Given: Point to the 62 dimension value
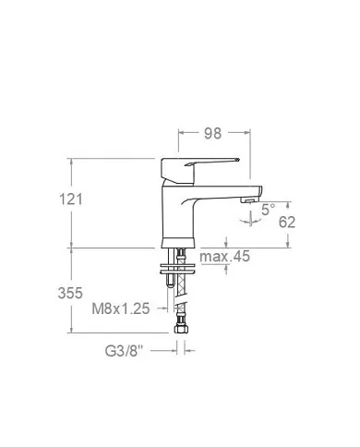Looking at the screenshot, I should [287, 222].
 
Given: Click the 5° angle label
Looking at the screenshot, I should [267, 209].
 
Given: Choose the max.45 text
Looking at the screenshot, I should [225, 257].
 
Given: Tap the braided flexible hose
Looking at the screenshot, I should [180, 300].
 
